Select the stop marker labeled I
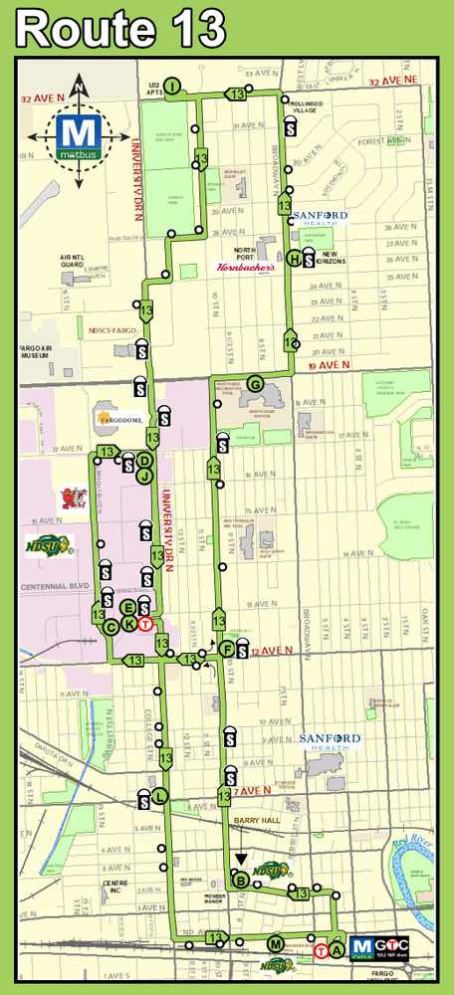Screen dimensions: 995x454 point(171,88)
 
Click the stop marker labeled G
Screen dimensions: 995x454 point(255,384)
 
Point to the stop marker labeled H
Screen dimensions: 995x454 point(295,259)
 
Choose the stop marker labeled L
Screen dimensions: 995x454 point(159,795)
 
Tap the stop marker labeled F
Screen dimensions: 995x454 point(228,650)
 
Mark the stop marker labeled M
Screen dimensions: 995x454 point(275,942)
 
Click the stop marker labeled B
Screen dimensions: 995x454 point(240,880)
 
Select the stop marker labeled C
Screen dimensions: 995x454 point(112,626)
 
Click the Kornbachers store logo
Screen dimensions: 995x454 point(244,268)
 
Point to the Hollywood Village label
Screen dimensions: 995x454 point(312,105)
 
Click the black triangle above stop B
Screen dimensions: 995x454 point(241,859)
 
